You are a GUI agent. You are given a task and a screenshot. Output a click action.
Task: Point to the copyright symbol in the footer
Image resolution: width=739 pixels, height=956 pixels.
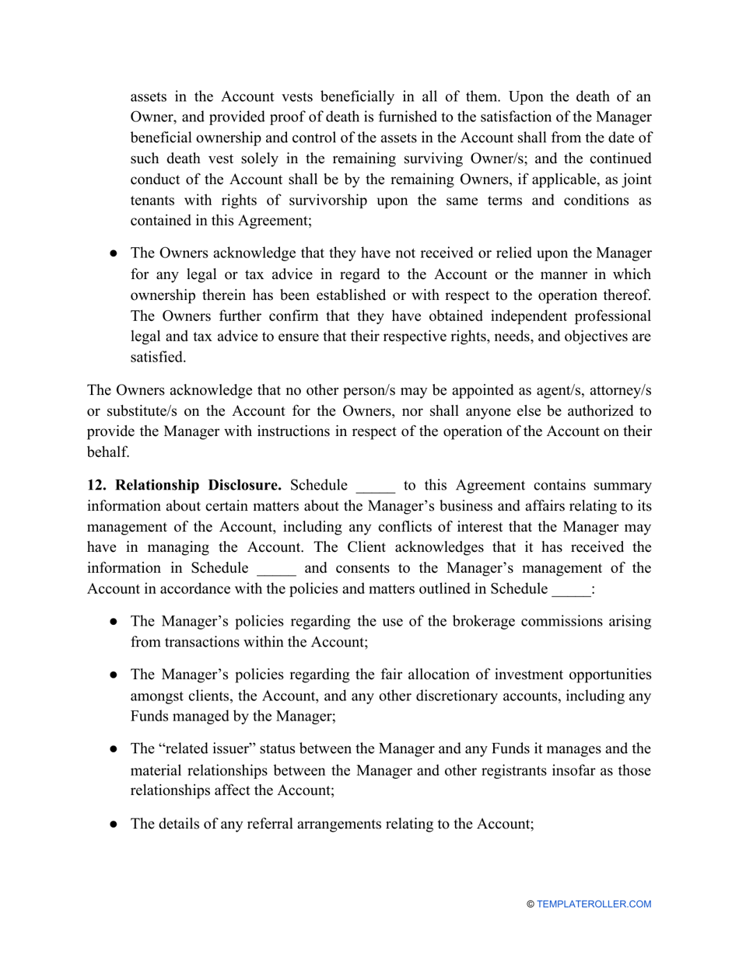[530, 904]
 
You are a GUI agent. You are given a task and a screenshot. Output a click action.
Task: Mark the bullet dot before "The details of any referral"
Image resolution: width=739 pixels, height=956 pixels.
[114, 825]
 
